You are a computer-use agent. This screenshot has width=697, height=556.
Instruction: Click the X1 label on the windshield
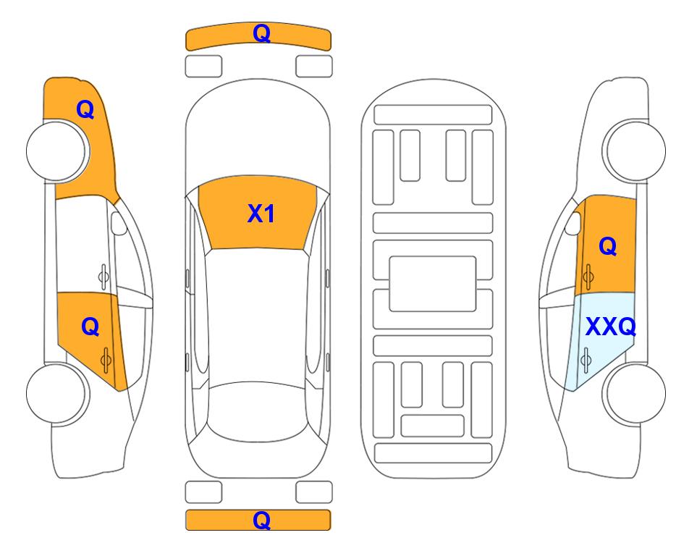pos(261,214)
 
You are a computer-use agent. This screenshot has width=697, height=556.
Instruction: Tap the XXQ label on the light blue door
pos(611,327)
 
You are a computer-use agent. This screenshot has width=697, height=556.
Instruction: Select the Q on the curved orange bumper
pos(262,33)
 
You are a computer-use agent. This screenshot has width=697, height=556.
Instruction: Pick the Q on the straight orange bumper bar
pos(262,520)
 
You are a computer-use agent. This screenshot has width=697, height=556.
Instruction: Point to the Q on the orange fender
pos(85,109)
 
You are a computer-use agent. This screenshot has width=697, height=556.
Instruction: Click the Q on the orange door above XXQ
pos(608,246)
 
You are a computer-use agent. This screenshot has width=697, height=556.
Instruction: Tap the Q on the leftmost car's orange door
pos(90,327)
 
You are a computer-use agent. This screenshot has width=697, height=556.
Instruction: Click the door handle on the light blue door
pos(586,360)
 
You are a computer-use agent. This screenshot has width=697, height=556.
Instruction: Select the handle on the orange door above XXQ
pos(588,277)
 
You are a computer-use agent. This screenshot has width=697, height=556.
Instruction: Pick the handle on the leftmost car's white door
pos(104,277)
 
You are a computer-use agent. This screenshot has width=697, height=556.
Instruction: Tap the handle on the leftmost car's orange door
pos(106,360)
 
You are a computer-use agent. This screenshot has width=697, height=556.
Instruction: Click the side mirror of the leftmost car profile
pos(118,223)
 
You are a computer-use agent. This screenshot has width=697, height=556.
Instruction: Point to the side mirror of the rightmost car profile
pos(573,223)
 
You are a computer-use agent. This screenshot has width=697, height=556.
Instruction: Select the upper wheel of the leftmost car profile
pos(56,151)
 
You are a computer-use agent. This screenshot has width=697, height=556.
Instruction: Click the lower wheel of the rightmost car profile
pos(635,394)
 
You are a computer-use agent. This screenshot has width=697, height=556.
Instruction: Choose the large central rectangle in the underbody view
pos(433,284)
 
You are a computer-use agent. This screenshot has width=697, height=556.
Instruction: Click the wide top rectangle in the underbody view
pos(433,115)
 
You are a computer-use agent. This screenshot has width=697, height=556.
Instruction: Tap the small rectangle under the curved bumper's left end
pos(203,67)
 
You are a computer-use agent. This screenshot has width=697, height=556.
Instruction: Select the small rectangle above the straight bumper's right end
pos(314,492)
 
